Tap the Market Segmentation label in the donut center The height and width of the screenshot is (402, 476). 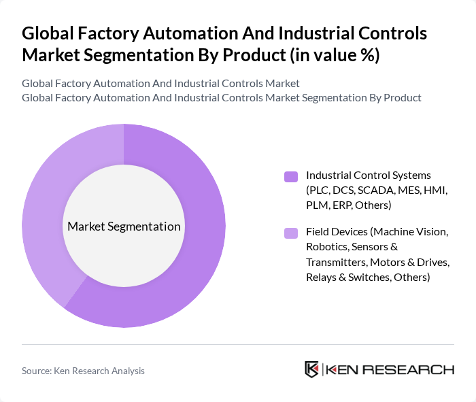(x=124, y=227)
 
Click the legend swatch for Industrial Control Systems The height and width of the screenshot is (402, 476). (x=291, y=177)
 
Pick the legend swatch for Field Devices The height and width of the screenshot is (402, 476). (x=291, y=233)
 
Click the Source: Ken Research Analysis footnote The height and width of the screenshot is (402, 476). (x=83, y=371)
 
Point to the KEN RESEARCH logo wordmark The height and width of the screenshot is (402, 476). (x=390, y=369)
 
